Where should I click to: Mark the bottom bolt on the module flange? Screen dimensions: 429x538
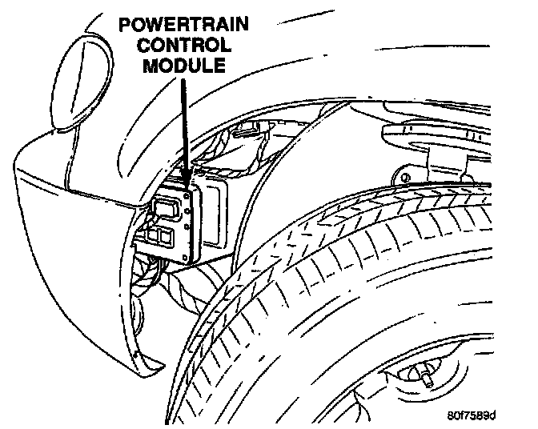tap(189, 257)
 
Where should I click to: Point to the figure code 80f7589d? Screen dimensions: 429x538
tap(472, 415)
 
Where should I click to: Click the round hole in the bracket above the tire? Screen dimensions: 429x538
tap(405, 176)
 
